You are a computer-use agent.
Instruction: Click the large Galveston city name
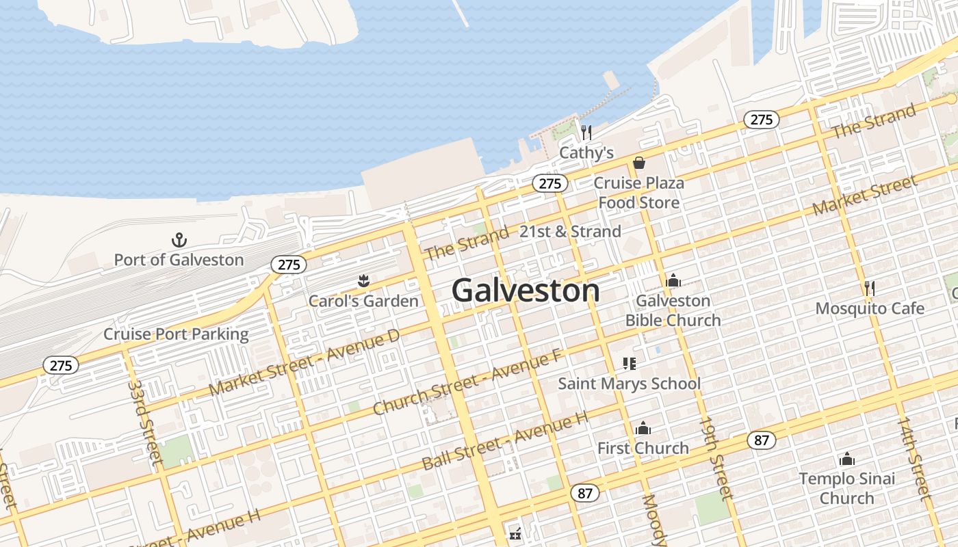[526, 291]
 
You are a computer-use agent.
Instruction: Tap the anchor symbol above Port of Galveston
[179, 240]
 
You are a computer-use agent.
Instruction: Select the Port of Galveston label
[179, 260]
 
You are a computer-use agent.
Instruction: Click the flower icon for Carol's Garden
[363, 280]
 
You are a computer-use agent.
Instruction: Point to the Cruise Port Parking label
[176, 334]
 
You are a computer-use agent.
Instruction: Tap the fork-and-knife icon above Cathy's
[586, 132]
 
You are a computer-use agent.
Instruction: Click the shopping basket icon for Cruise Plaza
[638, 163]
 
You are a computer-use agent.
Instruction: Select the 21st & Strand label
[570, 232]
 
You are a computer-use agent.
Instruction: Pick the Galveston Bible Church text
[673, 310]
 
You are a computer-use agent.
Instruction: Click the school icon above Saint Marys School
[629, 364]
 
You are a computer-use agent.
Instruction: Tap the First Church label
[643, 449]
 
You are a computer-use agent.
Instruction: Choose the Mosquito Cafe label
[870, 308]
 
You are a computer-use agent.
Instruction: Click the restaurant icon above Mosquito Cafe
[870, 288]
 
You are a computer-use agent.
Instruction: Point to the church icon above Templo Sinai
[847, 459]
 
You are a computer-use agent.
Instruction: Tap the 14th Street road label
[916, 459]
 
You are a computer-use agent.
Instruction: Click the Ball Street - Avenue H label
[505, 442]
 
